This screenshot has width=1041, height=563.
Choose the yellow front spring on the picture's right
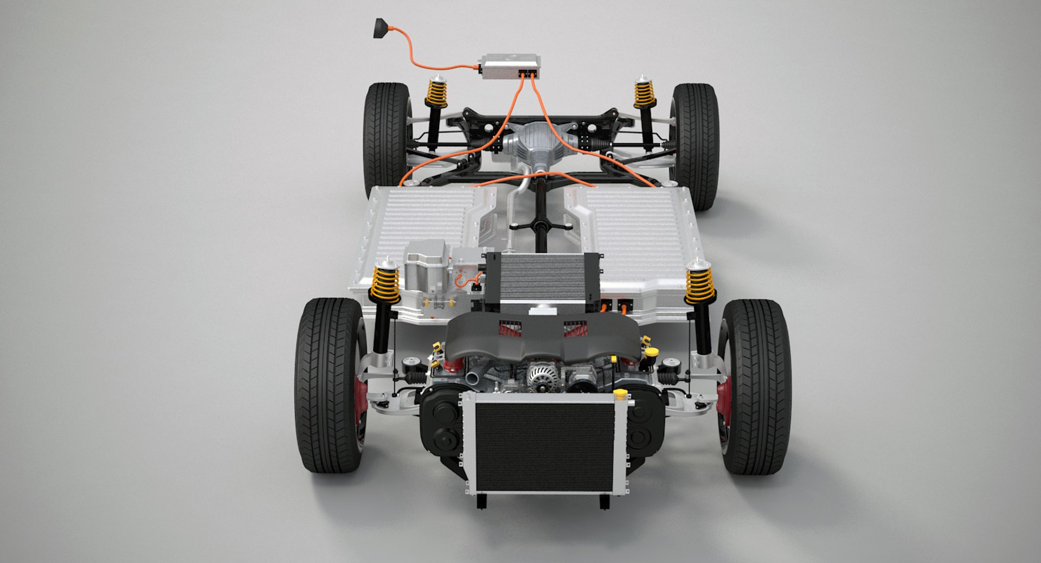tap(699, 284)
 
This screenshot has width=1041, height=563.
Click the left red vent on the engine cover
tap(510, 329)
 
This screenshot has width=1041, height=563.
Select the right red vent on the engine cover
tap(574, 329)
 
